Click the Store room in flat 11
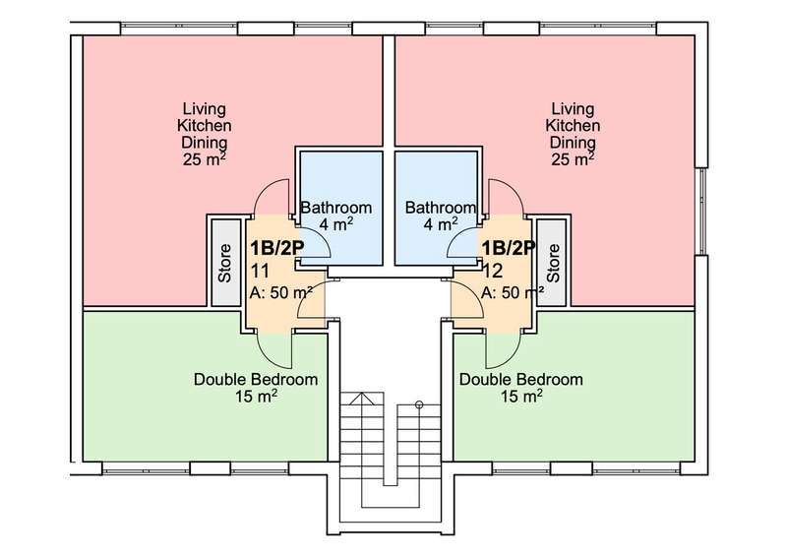point(225,262)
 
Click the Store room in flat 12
point(552,262)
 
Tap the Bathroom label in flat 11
point(336,208)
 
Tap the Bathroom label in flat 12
point(440,208)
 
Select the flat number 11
point(260,272)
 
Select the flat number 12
point(493,272)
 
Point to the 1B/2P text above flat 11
point(277,248)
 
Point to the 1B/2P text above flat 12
point(509,248)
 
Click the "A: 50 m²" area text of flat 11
point(281,292)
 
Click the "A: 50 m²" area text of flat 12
point(513,292)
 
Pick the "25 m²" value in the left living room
point(204,159)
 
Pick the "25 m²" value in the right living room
point(573,159)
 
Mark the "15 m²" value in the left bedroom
point(257,396)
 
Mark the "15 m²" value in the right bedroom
point(521,396)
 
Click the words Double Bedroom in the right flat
point(521,379)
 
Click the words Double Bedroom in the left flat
point(256,379)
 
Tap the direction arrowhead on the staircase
point(361,399)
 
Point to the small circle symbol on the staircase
point(420,404)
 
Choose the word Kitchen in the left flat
point(205,126)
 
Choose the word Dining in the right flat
point(573,142)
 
